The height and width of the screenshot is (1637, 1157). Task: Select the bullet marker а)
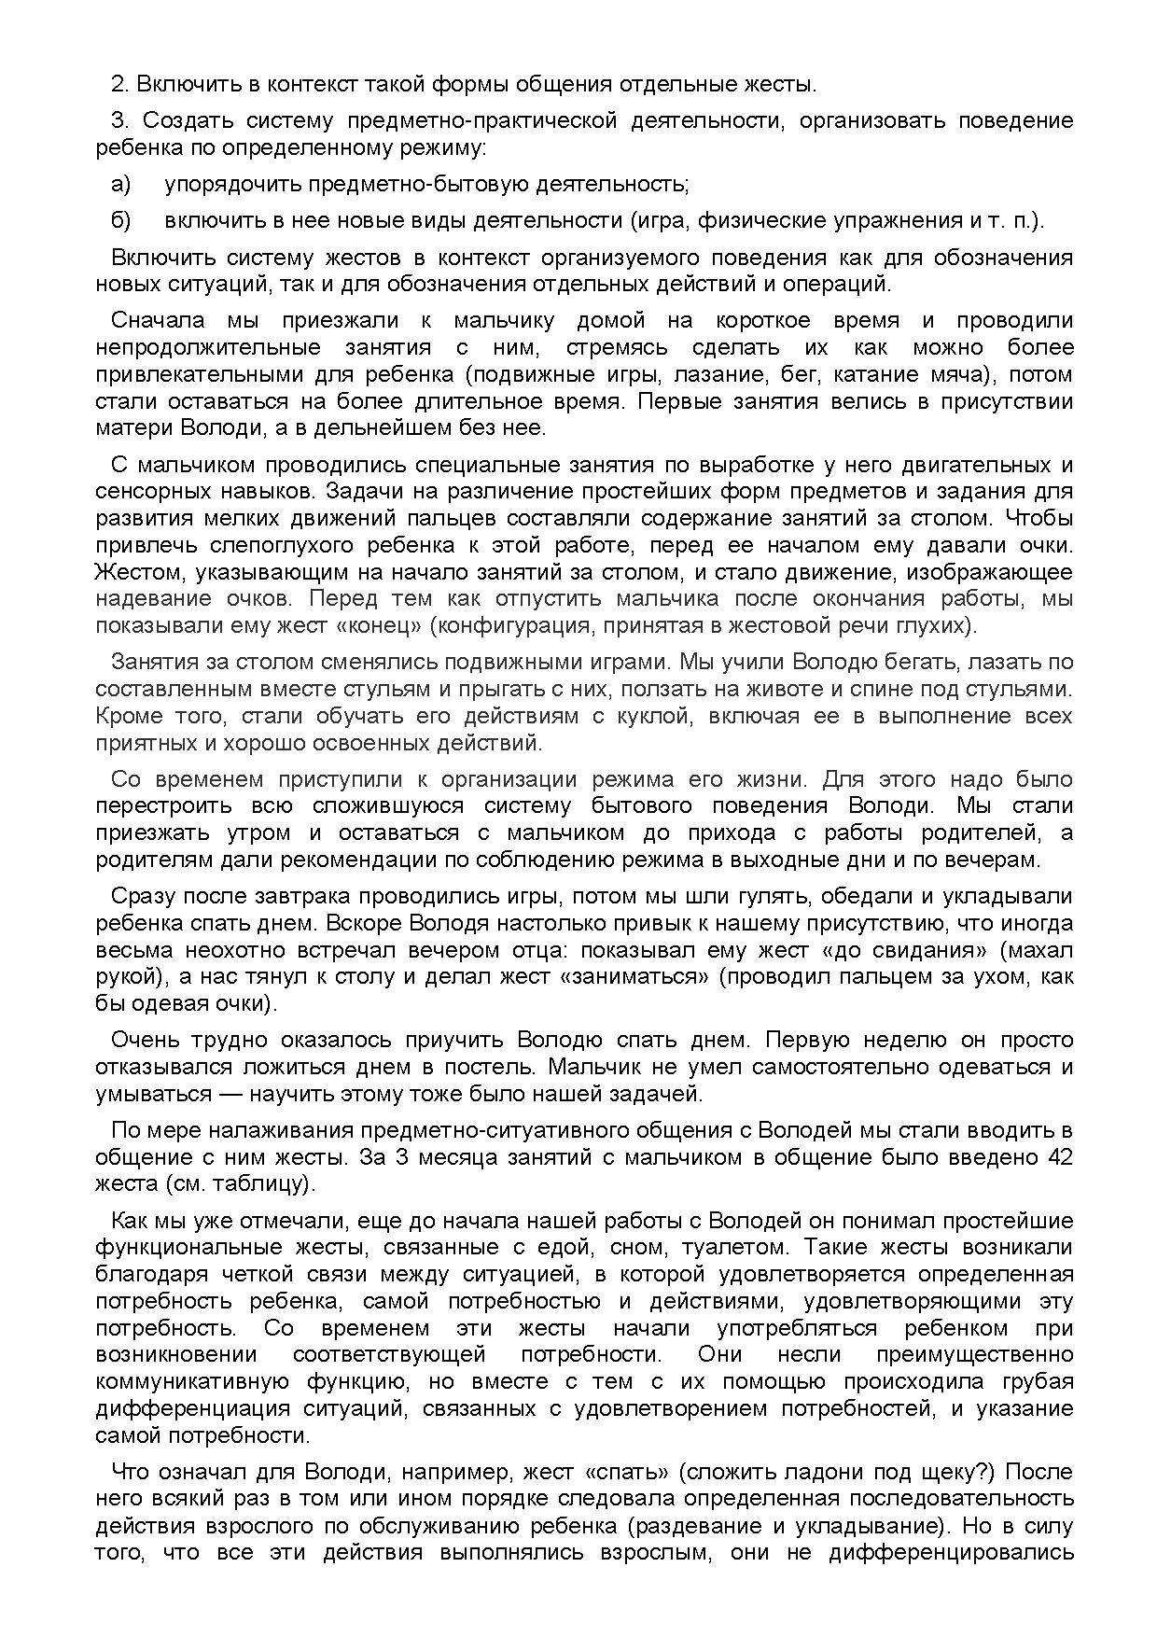[x=121, y=184]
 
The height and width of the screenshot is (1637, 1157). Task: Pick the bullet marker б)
[x=121, y=220]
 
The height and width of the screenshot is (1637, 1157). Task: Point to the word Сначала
[x=158, y=320]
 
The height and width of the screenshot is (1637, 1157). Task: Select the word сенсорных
[x=153, y=491]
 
